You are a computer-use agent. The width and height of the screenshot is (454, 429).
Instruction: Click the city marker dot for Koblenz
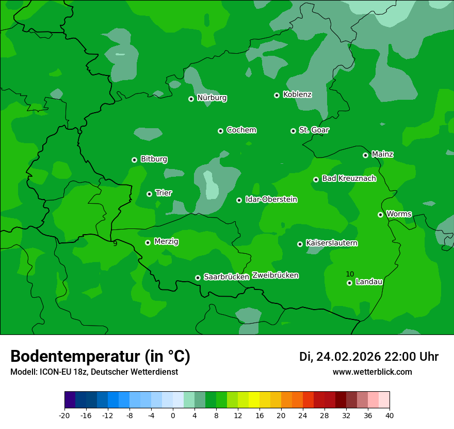[277, 95]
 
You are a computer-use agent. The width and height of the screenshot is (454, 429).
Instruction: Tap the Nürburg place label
[212, 98]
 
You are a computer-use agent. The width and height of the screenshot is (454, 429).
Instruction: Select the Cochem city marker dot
[220, 131]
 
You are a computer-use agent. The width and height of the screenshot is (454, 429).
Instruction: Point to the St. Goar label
[314, 130]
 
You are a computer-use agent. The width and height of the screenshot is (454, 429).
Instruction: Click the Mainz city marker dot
[365, 155]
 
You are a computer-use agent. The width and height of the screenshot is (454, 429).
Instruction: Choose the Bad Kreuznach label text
[349, 178]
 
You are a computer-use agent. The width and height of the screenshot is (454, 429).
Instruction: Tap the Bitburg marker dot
[134, 160]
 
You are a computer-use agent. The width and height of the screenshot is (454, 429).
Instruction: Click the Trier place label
[164, 193]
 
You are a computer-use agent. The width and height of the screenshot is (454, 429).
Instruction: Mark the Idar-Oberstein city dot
[239, 200]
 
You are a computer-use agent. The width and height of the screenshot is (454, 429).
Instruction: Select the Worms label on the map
[399, 213]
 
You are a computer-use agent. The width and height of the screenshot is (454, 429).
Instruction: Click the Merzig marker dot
[148, 242]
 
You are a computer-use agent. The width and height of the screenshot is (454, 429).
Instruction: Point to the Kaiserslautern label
[332, 243]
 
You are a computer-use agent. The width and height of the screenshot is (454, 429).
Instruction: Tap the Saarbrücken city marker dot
[198, 278]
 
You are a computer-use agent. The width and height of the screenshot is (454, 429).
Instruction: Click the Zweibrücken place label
[275, 275]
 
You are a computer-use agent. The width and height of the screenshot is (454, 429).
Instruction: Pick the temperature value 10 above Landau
[350, 274]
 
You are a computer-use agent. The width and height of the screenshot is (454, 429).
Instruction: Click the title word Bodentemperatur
[75, 357]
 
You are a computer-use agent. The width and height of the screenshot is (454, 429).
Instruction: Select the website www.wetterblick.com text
[372, 372]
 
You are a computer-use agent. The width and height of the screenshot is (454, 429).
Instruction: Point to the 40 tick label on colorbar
[390, 415]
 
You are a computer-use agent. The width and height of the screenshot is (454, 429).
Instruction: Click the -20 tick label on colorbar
[64, 415]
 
